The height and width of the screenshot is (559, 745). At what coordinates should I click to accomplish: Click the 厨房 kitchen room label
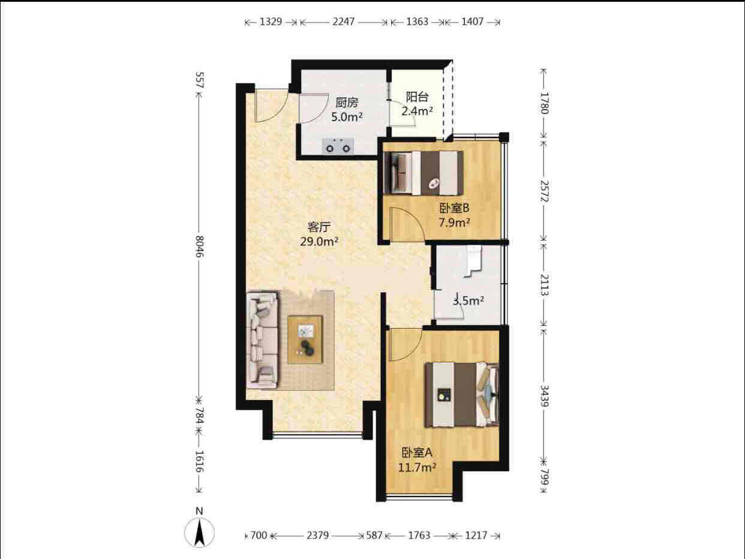[x=347, y=102]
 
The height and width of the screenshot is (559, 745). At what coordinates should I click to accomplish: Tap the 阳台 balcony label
[x=417, y=97]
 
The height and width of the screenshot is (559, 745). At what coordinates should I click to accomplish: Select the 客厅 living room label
[x=319, y=227]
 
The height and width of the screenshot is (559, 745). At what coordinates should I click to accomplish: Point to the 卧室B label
[x=454, y=208]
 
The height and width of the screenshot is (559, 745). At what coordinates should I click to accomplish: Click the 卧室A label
[x=417, y=452]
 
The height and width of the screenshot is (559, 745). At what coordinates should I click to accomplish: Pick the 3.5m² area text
[x=468, y=300]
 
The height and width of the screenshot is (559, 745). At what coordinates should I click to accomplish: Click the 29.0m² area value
[x=319, y=242]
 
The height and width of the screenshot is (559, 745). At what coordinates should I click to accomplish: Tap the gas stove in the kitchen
[x=338, y=146]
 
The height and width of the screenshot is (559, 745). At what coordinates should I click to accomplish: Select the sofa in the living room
[x=262, y=339]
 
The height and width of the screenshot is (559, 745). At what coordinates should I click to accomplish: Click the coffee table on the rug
[x=305, y=339]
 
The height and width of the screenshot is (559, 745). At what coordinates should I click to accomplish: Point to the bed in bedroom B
[x=423, y=173]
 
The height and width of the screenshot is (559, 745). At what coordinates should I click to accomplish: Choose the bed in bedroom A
[x=462, y=395]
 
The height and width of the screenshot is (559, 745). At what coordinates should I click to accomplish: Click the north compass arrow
[x=199, y=533]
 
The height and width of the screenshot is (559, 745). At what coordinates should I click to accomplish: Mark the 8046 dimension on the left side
[x=200, y=247]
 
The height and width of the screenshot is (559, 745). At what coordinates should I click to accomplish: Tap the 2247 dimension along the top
[x=344, y=22]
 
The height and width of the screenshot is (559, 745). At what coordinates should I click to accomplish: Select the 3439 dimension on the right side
[x=544, y=396]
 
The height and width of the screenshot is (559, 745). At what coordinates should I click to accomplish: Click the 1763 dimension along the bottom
[x=419, y=536]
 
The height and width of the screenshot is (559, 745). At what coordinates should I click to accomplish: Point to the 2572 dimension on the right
[x=544, y=191]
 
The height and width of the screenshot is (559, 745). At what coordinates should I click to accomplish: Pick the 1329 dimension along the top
[x=271, y=22]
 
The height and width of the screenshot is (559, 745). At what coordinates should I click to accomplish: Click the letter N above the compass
[x=199, y=511]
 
